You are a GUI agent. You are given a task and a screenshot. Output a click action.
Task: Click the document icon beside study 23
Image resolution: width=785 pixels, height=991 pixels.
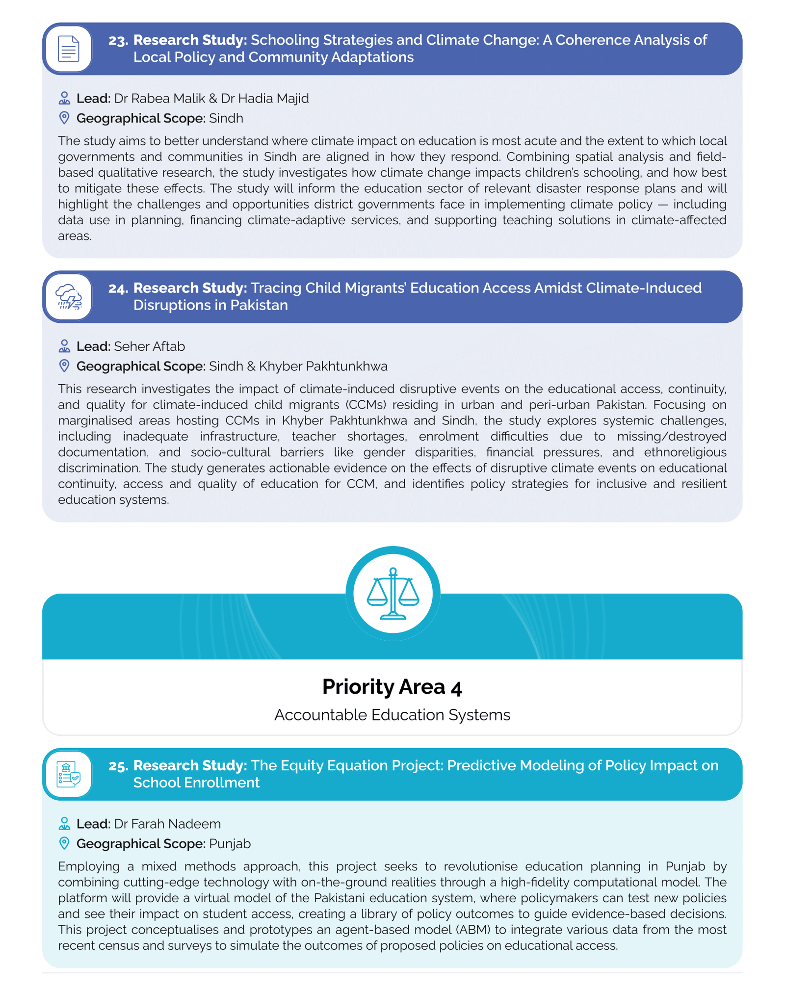[x=68, y=49]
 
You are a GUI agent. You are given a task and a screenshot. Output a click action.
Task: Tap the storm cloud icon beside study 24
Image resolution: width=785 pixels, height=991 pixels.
[x=68, y=297]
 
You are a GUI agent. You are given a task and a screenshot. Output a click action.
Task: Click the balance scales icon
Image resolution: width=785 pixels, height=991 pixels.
[x=392, y=593]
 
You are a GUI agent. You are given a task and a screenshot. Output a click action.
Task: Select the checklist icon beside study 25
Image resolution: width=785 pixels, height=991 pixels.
[x=68, y=774]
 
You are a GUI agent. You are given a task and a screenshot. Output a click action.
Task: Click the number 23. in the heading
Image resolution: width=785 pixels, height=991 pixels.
[x=118, y=40]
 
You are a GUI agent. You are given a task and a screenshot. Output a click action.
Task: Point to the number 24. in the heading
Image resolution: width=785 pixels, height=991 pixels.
[x=118, y=288]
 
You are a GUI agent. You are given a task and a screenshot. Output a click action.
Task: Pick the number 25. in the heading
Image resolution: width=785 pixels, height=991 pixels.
[x=118, y=765]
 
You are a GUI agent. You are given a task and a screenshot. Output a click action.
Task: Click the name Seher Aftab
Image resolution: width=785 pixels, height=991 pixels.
[x=149, y=346]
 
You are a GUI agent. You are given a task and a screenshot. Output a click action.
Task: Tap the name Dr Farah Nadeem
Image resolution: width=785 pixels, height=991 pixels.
[x=167, y=824]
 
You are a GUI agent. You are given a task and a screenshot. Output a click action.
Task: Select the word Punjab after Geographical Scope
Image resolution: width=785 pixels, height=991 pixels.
[x=230, y=843]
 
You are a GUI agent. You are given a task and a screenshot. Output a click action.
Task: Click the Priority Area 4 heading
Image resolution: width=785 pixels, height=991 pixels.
[x=392, y=687]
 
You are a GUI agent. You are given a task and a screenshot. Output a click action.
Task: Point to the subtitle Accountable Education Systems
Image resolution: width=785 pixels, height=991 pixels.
[x=392, y=715]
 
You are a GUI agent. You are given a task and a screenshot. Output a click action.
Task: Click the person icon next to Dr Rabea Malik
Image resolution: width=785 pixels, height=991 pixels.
[x=64, y=98]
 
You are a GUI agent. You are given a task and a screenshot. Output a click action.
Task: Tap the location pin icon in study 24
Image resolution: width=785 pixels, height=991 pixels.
[x=64, y=366]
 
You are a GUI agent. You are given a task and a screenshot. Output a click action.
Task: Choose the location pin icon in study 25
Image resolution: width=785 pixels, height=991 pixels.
[x=64, y=843]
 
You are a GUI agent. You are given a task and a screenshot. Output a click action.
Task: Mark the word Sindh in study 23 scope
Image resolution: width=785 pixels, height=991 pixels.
[x=226, y=118]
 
